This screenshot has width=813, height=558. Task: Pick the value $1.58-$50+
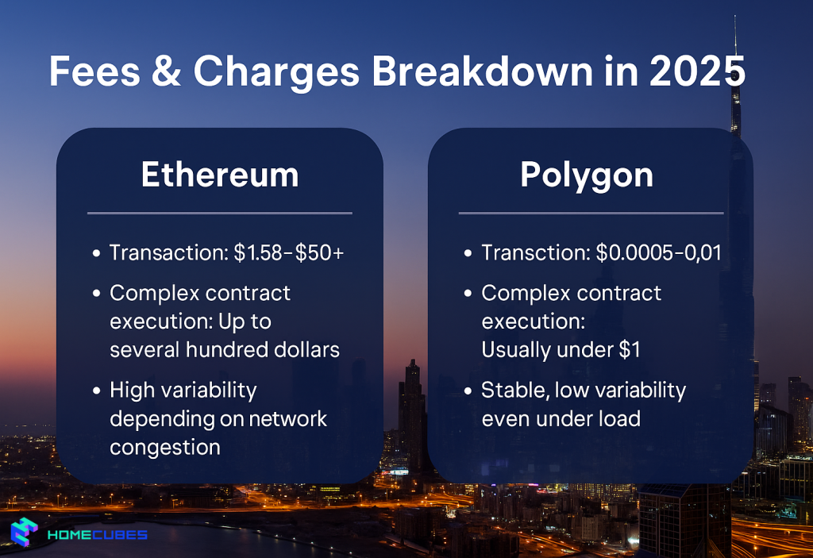pyautogui.click(x=290, y=253)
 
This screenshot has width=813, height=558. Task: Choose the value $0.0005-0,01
pyautogui.click(x=658, y=253)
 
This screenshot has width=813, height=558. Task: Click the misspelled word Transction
pyautogui.click(x=535, y=253)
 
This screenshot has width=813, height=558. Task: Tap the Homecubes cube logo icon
pyautogui.click(x=25, y=533)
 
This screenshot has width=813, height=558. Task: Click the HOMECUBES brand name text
pyautogui.click(x=98, y=534)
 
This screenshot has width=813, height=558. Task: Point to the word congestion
pyautogui.click(x=165, y=448)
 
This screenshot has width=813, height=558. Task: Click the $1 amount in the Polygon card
pyautogui.click(x=630, y=350)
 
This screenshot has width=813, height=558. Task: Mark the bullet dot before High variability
pyautogui.click(x=96, y=391)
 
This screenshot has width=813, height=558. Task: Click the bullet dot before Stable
pyautogui.click(x=468, y=391)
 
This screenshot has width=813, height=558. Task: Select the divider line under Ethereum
pyautogui.click(x=219, y=213)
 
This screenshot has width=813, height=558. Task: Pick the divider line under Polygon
pyautogui.click(x=591, y=213)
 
